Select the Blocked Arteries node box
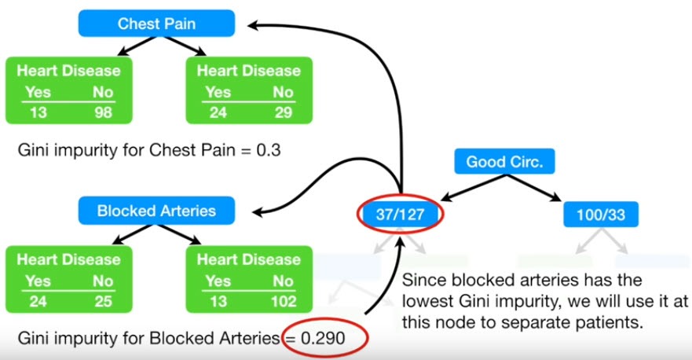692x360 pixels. [156, 211]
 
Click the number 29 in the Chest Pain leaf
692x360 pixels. [282, 112]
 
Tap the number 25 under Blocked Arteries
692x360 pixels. [102, 301]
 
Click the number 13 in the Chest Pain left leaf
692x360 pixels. [38, 112]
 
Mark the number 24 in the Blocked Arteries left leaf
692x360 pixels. [38, 301]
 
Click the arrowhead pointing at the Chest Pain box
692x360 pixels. [255, 24]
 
